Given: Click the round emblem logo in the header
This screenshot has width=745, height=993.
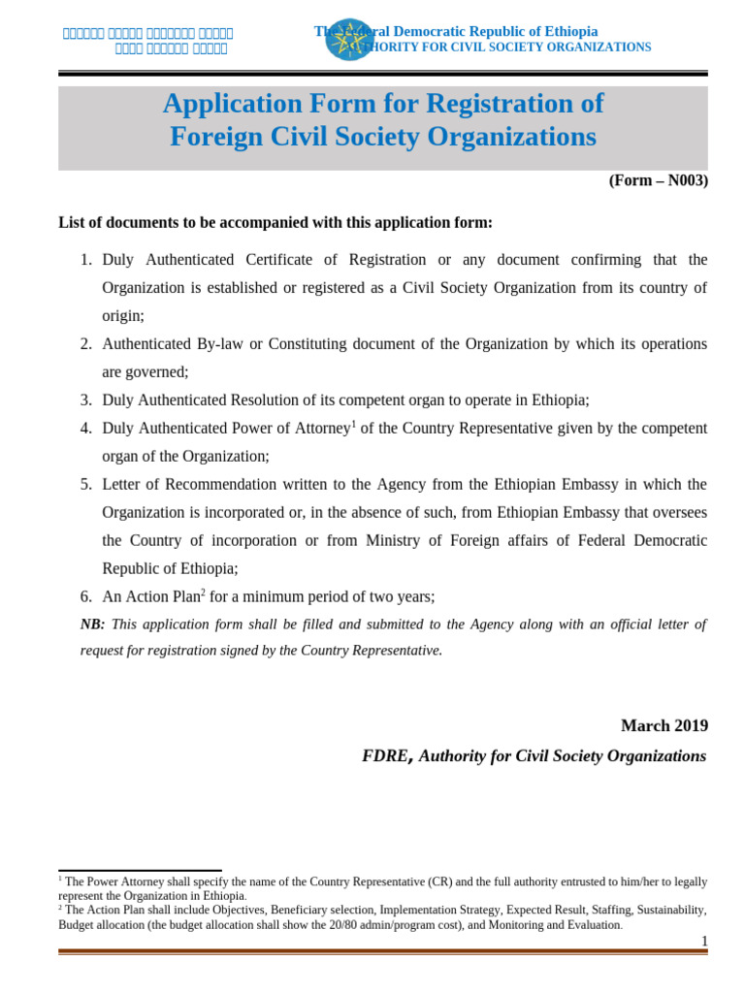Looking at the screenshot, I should click(x=349, y=39).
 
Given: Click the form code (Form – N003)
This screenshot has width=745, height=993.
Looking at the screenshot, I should click(x=658, y=180).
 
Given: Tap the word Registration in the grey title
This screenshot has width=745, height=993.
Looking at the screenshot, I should click(x=500, y=104).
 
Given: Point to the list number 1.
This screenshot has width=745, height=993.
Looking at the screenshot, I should click(x=85, y=260).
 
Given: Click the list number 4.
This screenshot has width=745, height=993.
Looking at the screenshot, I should click(x=85, y=429).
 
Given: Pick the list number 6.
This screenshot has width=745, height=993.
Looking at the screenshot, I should click(x=85, y=597).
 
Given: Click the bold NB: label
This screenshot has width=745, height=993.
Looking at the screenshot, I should click(x=92, y=625).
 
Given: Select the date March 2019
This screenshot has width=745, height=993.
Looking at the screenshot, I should click(x=664, y=725).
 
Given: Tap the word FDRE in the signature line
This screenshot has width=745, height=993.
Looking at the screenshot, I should click(x=385, y=756).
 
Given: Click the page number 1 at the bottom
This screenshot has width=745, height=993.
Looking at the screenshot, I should click(x=704, y=941).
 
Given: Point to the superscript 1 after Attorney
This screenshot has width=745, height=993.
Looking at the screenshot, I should click(x=354, y=424).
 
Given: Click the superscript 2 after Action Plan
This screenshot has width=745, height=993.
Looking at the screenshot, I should click(x=203, y=593).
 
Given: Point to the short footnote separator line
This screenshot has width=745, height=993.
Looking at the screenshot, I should click(x=140, y=871).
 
